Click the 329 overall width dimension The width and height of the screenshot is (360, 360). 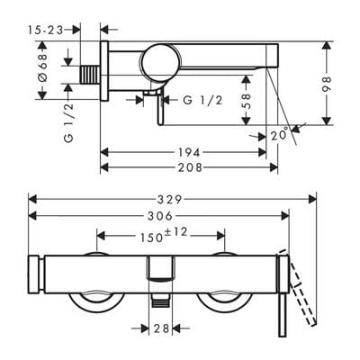[170, 199]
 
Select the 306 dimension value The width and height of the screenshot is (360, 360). [160, 216]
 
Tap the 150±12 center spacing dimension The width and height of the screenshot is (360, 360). [164, 235]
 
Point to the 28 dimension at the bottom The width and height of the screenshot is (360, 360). [161, 328]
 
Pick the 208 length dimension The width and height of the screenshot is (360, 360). [190, 167]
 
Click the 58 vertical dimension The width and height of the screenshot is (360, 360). [246, 101]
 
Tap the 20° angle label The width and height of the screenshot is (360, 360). [279, 135]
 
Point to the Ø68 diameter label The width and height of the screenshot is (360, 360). [42, 67]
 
